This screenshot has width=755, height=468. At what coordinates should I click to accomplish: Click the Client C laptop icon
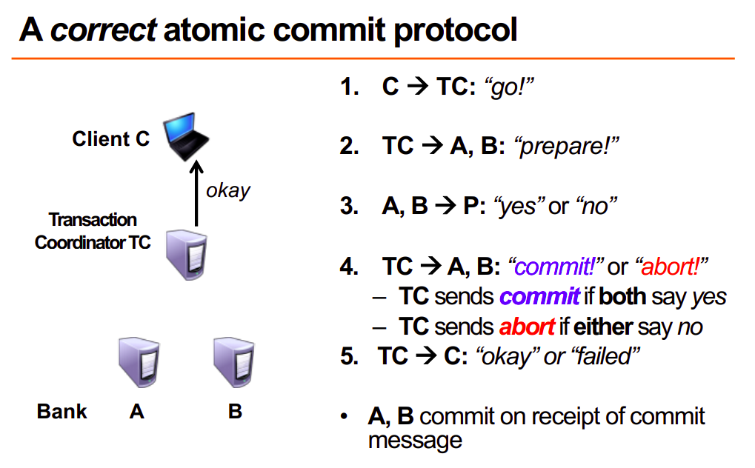point(186,136)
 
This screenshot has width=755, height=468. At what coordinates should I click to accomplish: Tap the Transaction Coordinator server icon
point(187,255)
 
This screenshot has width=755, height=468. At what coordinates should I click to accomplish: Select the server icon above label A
point(139,362)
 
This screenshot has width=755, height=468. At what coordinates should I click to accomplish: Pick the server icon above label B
point(234,362)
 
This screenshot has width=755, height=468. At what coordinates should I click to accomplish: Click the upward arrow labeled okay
point(196,193)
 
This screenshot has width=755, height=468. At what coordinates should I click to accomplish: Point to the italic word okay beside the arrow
point(228,190)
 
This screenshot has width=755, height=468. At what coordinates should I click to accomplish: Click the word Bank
point(61,412)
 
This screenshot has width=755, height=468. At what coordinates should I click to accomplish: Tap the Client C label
point(110,138)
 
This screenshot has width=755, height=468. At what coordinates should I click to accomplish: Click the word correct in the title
point(103,30)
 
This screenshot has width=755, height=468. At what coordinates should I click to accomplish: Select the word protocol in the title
point(455,30)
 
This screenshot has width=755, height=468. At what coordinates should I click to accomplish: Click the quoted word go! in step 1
point(510,87)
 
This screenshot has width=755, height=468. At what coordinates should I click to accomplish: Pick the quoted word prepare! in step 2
point(566,146)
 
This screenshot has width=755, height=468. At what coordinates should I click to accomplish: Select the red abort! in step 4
point(671,267)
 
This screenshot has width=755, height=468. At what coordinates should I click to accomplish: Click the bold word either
point(603,327)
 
